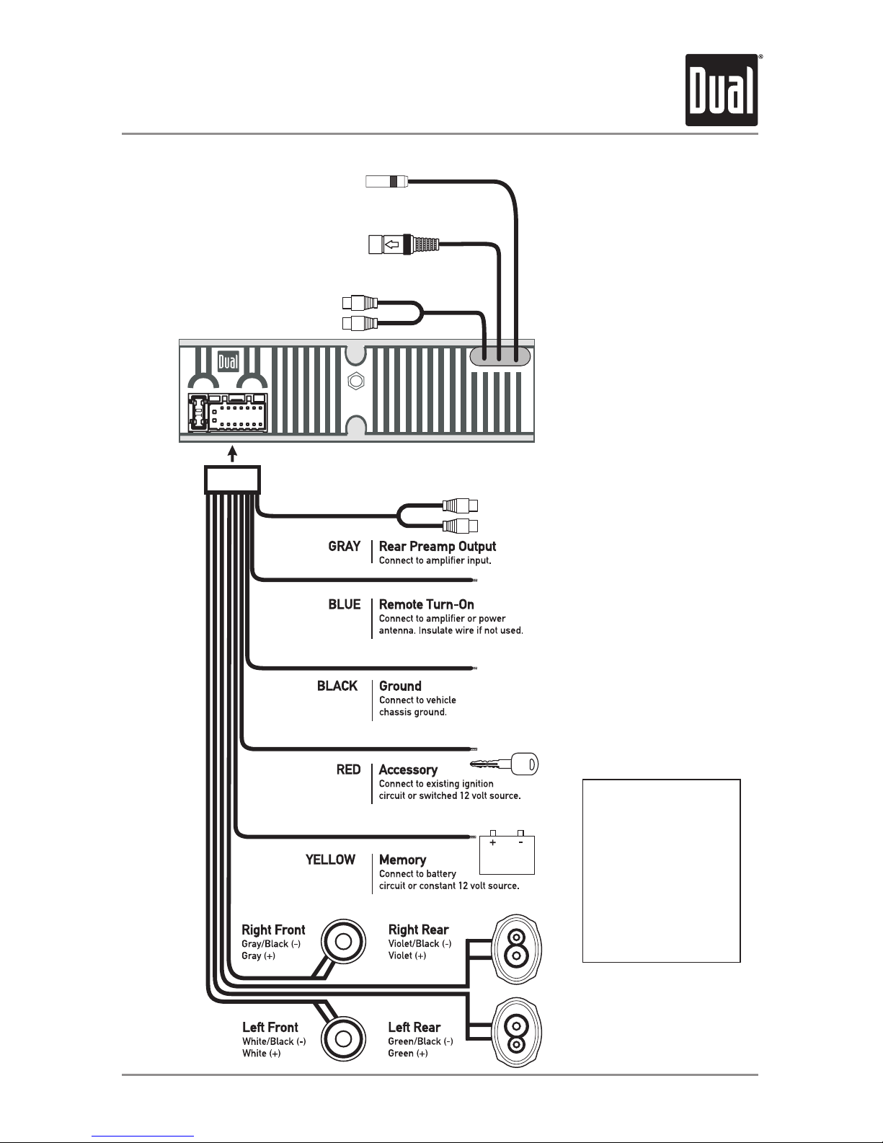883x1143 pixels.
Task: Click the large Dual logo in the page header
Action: pos(721,90)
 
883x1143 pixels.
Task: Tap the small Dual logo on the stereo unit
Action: pos(228,361)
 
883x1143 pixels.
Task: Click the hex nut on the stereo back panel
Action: pos(356,381)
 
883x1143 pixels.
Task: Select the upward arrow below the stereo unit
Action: pos(232,454)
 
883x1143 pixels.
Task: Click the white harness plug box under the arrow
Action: pos(232,479)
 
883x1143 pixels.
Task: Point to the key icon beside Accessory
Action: pos(504,764)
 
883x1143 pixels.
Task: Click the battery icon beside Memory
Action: pos(507,852)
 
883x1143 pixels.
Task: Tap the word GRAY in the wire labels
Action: pos(345,547)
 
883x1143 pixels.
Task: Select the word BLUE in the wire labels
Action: pos(345,604)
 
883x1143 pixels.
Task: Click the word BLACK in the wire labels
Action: pos(337,686)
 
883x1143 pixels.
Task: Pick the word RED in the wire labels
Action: pos(348,769)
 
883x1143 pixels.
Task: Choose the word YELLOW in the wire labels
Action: pos(331,860)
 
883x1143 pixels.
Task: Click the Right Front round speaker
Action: pos(343,941)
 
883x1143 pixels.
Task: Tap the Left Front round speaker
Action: pos(343,1039)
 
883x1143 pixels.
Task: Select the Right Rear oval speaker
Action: pos(516,949)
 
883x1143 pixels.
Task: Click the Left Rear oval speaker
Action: pos(516,1033)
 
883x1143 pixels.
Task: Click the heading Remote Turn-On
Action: pos(426,604)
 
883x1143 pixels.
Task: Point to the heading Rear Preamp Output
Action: pos(438,547)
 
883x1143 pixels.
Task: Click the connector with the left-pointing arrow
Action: pos(404,244)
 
